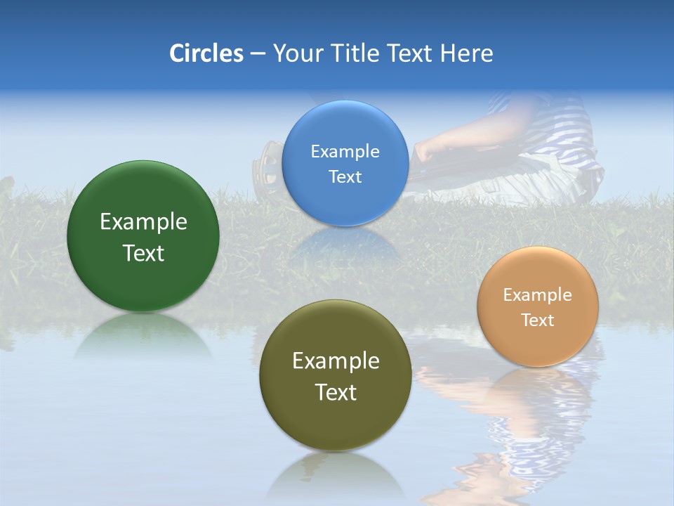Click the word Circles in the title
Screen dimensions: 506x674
click(206, 53)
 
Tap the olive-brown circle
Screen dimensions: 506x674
click(336, 422)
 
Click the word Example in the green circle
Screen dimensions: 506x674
click(143, 222)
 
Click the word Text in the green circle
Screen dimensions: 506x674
click(143, 253)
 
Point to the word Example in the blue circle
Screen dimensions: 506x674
click(345, 152)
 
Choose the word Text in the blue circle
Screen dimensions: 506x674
click(345, 177)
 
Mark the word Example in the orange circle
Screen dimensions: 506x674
click(538, 295)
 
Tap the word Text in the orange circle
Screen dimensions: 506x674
click(538, 320)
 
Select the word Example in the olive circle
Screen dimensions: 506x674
click(336, 361)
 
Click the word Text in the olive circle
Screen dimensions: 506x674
click(336, 392)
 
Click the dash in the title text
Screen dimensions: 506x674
click(258, 54)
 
